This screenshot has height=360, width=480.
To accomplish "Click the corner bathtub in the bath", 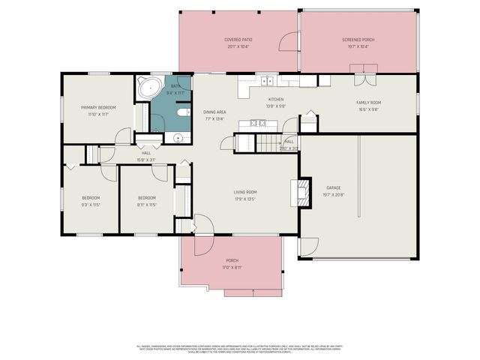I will (147, 88).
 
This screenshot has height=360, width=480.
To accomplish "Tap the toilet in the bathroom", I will (182, 112).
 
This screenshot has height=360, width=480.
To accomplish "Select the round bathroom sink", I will (178, 138).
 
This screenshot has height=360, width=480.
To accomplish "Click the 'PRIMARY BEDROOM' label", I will (98, 107).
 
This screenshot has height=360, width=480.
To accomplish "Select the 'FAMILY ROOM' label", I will (368, 102).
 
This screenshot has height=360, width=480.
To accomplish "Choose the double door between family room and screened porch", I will (365, 70).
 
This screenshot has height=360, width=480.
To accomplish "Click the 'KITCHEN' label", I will (277, 99).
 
